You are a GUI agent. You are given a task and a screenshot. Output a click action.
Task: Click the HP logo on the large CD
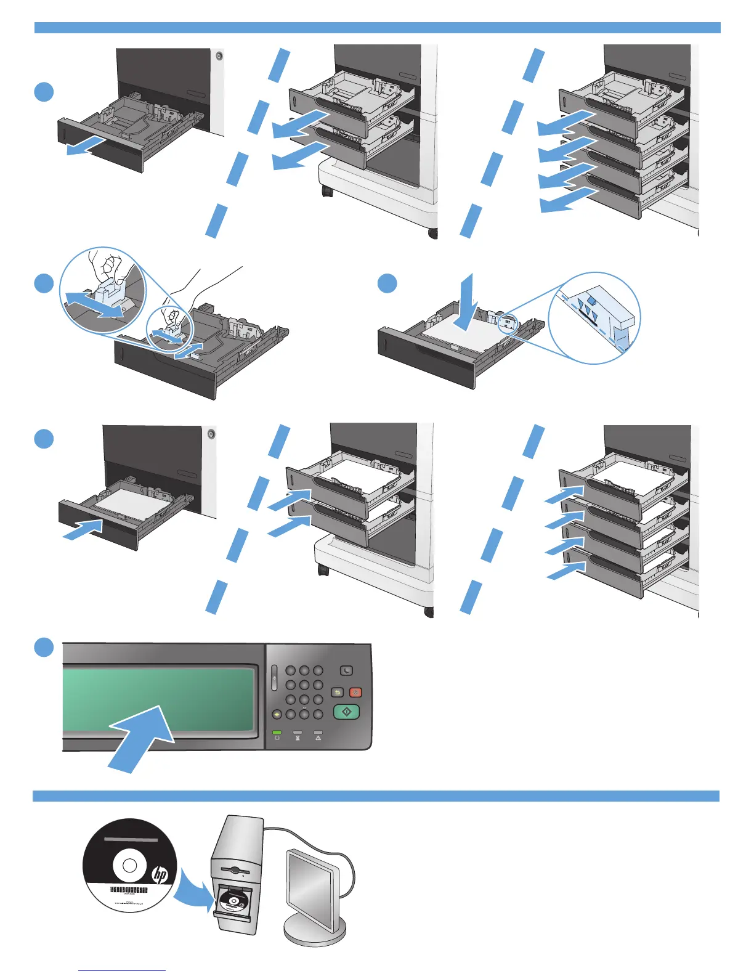pos(160,874)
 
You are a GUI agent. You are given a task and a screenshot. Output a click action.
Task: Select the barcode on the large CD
pos(129,890)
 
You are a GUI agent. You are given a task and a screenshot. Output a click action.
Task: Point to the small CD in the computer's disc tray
pos(233,901)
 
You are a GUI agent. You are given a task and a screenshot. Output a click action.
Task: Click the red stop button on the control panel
pos(355,693)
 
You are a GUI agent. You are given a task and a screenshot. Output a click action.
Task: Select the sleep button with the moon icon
pos(346,670)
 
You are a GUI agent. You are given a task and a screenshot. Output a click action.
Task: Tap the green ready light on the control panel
pos(277,732)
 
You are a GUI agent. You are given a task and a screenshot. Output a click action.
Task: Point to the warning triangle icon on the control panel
pos(318,738)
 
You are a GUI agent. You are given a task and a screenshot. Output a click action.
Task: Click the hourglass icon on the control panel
pos(298,738)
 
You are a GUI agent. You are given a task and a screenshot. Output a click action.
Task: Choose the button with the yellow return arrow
pos(337,693)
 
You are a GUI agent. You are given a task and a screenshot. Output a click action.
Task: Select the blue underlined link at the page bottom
pos(122,970)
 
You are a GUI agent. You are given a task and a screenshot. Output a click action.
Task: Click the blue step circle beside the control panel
pos(44,648)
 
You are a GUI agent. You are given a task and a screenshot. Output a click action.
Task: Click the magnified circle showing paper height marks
pos(594,318)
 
